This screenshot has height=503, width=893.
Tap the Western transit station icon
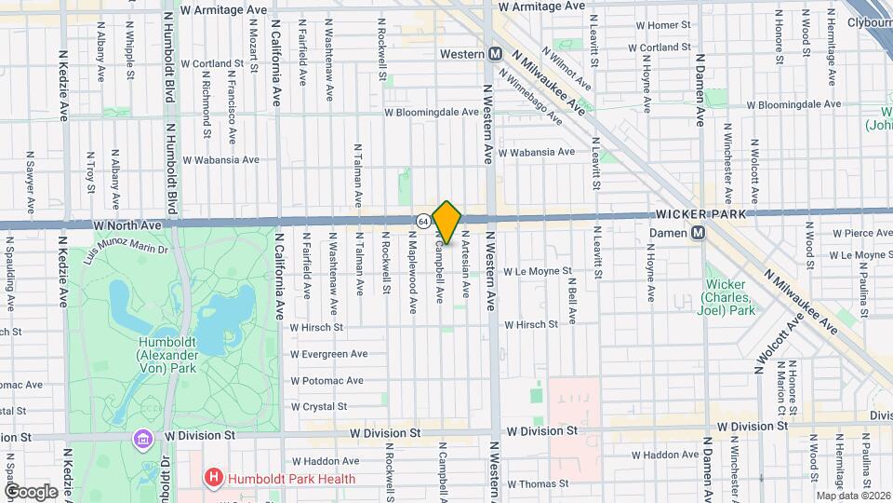496,54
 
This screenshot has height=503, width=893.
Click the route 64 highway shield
423,221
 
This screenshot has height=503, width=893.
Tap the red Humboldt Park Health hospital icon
215,479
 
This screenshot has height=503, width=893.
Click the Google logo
31,491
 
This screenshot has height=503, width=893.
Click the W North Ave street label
127,225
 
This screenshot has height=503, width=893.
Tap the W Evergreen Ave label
328,354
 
